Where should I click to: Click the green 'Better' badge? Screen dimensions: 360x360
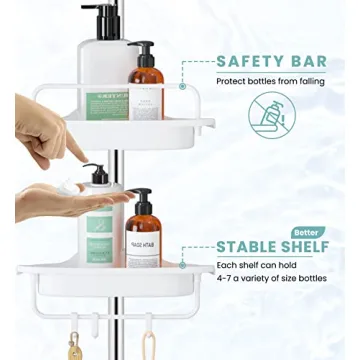click(x=308, y=232)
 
